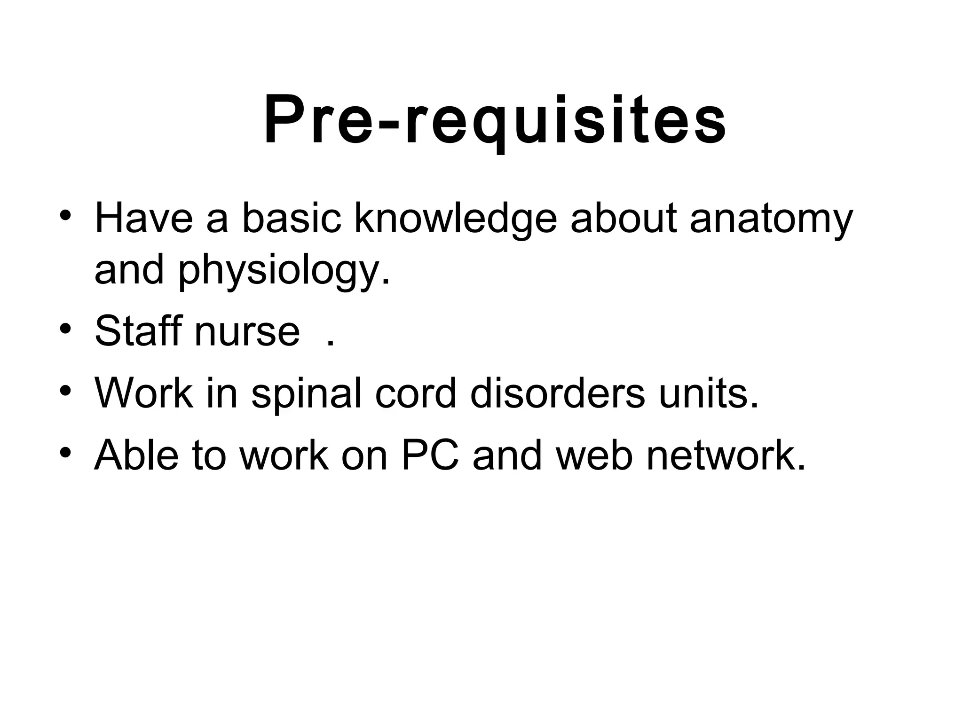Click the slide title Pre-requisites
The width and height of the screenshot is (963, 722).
(x=495, y=121)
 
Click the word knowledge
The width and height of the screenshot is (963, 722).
(x=455, y=219)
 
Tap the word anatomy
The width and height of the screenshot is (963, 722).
(x=771, y=219)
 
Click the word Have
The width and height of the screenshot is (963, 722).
(x=143, y=219)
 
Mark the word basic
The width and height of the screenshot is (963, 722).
(x=291, y=219)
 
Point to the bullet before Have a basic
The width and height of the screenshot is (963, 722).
(x=65, y=215)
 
